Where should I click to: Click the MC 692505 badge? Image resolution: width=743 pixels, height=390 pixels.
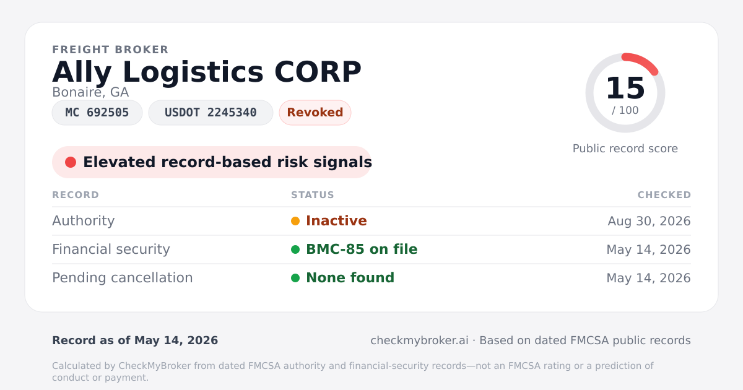[97, 113]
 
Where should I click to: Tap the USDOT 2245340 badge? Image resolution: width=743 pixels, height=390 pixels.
[211, 113]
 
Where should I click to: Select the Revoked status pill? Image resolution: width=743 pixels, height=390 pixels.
[315, 113]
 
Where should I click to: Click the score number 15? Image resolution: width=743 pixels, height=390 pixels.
[625, 88]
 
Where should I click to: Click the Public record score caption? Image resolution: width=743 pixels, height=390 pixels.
[625, 149]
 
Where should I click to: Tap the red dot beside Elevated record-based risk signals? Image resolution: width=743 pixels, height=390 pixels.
[71, 162]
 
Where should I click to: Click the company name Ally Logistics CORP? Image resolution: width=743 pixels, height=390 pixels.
[207, 72]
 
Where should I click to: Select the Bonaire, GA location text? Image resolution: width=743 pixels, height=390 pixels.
[90, 92]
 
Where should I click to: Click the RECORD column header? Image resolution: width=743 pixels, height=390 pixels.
[76, 194]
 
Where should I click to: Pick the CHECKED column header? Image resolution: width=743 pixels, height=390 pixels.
[664, 194]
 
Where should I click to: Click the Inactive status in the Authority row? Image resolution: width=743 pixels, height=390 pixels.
[336, 221]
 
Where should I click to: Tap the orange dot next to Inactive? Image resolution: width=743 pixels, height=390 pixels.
[295, 221]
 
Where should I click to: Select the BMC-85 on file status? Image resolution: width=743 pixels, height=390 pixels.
[362, 249]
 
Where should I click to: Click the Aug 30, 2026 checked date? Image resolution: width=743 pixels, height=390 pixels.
[649, 221]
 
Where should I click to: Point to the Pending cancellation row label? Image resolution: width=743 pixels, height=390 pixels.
[123, 278]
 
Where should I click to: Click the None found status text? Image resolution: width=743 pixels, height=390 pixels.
[350, 278]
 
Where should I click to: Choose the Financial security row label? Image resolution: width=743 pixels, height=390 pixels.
[111, 249]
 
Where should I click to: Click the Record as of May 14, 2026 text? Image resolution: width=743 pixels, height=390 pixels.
[135, 340]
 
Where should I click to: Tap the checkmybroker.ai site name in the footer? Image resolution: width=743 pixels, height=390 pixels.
[419, 340]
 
